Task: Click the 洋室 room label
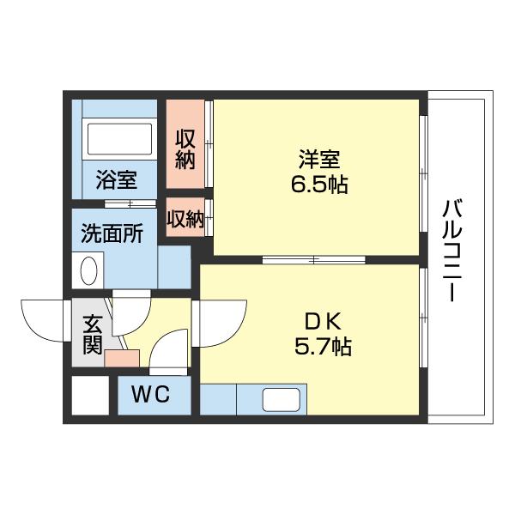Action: point(319,160)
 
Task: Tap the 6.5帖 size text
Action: point(319,184)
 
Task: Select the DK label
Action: point(324,323)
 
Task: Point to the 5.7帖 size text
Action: point(324,347)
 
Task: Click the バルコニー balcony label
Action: point(454,249)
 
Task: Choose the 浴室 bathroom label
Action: point(115,180)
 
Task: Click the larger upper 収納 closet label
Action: point(185,148)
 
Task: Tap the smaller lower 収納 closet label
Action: point(185,219)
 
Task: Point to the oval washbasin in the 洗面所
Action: point(88,271)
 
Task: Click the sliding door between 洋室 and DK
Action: point(314,259)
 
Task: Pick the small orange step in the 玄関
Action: point(121,356)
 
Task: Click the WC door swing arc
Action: point(169,351)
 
